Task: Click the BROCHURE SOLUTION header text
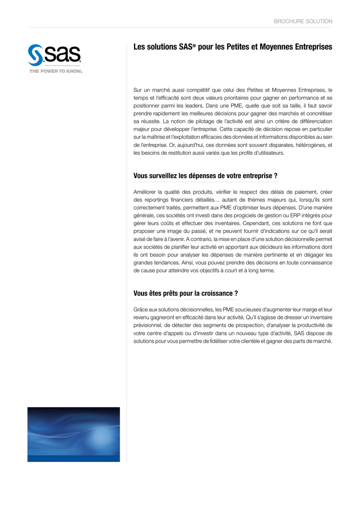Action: pyautogui.click(x=303, y=21)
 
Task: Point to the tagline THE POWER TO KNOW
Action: pyautogui.click(x=56, y=71)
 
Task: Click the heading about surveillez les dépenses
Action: pyautogui.click(x=205, y=176)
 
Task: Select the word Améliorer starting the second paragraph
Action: pyautogui.click(x=147, y=191)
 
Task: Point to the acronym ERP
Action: pyautogui.click(x=267, y=215)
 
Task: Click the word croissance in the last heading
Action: pyautogui.click(x=211, y=293)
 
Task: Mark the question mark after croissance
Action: pyautogui.click(x=236, y=293)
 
